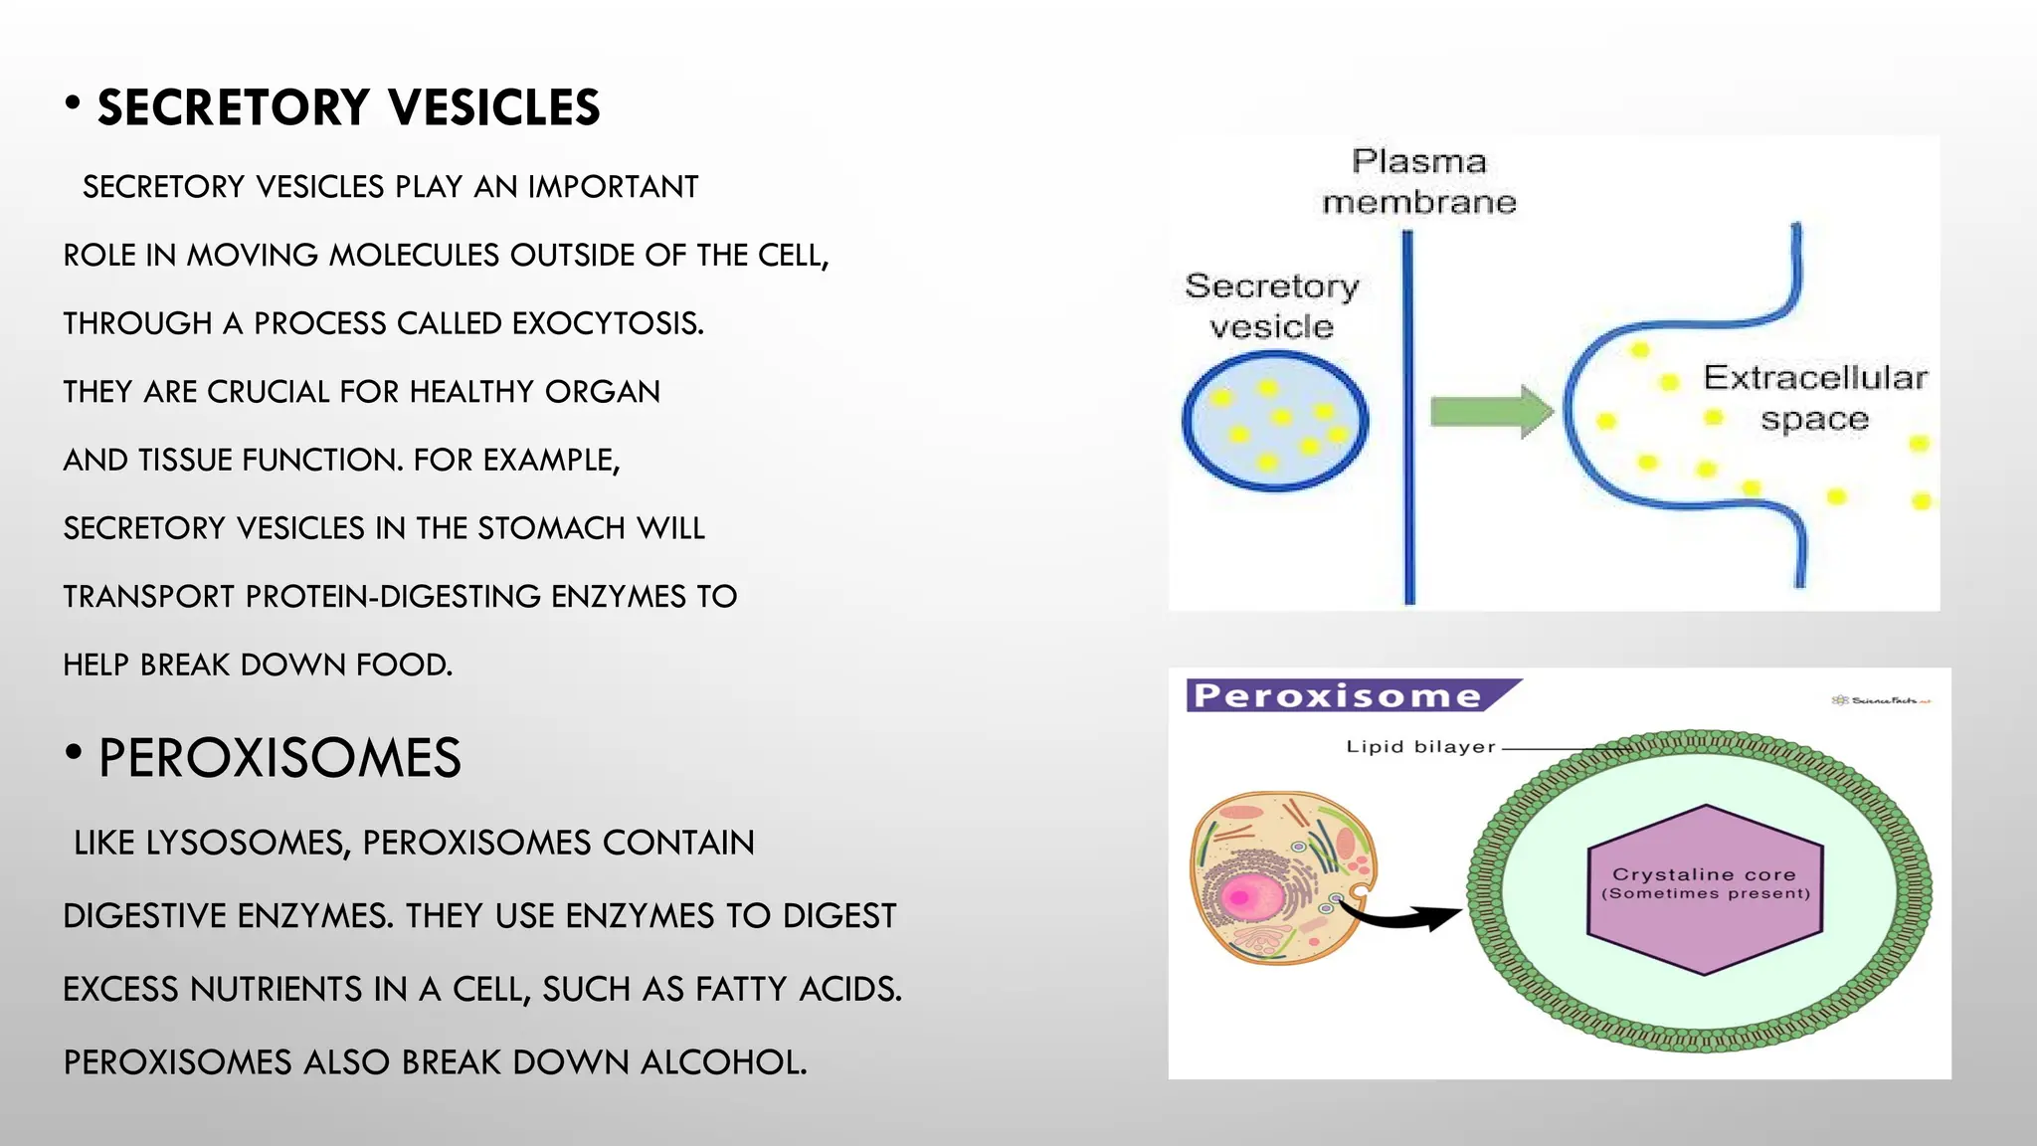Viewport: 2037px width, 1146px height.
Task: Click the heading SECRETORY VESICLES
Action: tap(348, 107)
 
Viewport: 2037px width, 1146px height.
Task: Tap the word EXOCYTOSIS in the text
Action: tap(607, 323)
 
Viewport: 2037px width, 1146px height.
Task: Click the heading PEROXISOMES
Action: tap(279, 758)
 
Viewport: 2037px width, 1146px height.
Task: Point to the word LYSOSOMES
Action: tap(248, 843)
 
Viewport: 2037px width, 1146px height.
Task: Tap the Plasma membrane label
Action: tap(1419, 182)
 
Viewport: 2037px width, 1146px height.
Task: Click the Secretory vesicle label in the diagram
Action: tap(1271, 306)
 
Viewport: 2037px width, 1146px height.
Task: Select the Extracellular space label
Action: tap(1814, 398)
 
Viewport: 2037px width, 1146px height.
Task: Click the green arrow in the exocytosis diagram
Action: tap(1488, 411)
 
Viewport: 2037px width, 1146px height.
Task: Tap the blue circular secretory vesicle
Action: tap(1274, 422)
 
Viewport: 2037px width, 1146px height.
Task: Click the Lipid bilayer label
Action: tap(1420, 747)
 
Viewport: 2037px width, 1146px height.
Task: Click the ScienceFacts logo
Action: tap(1880, 700)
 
